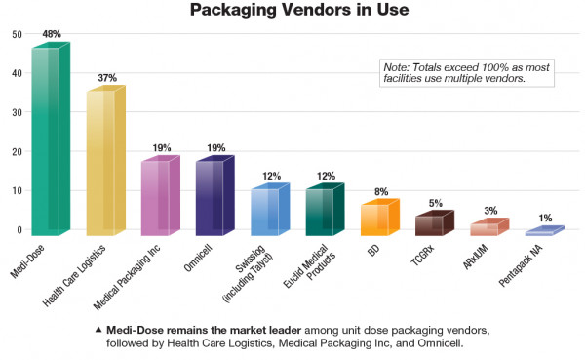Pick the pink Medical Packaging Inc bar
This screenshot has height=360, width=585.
pyautogui.click(x=158, y=195)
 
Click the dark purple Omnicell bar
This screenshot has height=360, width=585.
pyautogui.click(x=213, y=195)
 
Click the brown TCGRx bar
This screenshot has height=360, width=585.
pyautogui.click(x=432, y=223)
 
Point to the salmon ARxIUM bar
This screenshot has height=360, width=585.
pyautogui.click(x=487, y=227)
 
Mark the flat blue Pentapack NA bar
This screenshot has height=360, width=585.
pyautogui.click(x=542, y=232)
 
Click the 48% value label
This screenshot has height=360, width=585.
pyautogui.click(x=53, y=34)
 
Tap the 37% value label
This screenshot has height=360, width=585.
pyautogui.click(x=107, y=77)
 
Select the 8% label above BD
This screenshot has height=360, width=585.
pyautogui.click(x=380, y=192)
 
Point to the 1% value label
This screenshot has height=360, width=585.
pyautogui.click(x=545, y=218)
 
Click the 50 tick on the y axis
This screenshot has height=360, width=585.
pyautogui.click(x=17, y=35)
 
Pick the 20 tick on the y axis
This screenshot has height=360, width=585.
pyautogui.click(x=17, y=152)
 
